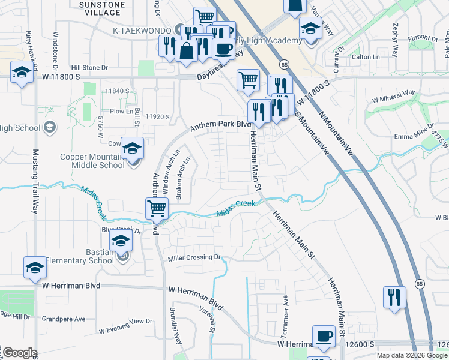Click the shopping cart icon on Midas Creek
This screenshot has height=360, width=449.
[157, 209]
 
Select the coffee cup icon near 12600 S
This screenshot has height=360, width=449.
[324, 337]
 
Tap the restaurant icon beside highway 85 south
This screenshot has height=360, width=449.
[394, 297]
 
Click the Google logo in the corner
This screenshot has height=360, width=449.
[19, 353]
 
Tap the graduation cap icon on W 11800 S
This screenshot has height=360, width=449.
[22, 74]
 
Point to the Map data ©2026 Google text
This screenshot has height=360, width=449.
[411, 355]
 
